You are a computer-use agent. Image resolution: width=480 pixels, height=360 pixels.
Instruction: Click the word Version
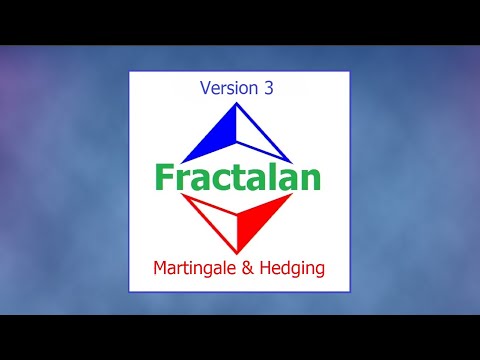227,88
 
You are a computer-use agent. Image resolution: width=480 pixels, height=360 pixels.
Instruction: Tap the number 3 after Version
269,88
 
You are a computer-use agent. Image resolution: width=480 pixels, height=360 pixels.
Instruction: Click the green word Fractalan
238,176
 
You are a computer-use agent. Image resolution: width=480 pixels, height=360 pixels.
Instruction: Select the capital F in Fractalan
164,176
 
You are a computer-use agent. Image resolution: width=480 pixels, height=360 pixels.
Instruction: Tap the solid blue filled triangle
212,140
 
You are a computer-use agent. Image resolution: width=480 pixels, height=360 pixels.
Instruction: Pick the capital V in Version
205,88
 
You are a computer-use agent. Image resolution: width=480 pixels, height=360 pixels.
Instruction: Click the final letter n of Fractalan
310,178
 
